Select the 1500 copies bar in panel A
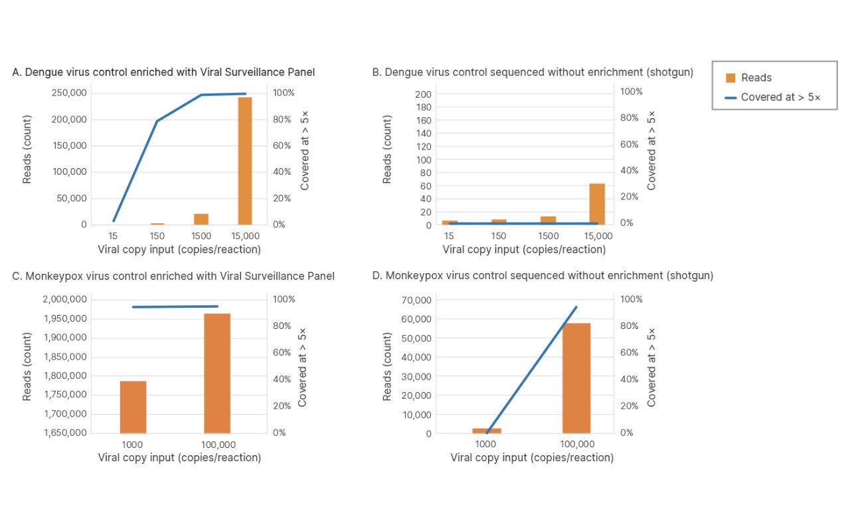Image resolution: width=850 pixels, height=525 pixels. click(201, 219)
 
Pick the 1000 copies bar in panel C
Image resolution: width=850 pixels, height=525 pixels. click(133, 407)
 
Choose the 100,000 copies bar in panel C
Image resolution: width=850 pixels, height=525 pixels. click(217, 373)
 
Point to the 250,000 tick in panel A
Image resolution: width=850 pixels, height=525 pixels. click(69, 93)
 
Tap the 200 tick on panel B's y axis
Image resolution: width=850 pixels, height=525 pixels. click(423, 94)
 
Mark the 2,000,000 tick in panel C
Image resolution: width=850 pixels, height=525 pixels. click(64, 300)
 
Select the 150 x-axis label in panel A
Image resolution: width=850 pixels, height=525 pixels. click(157, 237)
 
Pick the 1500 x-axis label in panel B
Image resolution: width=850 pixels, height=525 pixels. click(548, 237)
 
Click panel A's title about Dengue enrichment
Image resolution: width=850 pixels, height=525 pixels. click(163, 72)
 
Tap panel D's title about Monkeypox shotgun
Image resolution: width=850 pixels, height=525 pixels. click(543, 275)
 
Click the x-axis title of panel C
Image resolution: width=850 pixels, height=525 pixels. click(179, 458)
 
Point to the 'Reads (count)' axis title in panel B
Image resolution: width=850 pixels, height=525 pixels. click(387, 150)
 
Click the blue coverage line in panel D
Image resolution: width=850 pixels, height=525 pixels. click(531, 369)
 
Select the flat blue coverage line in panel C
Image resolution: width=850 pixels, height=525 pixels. click(175, 306)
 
